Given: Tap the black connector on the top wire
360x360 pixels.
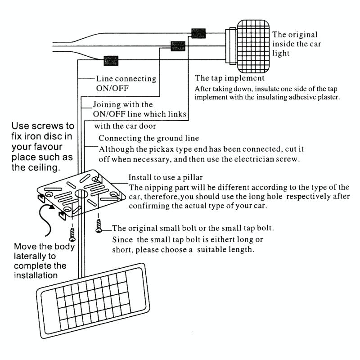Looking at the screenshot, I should (198, 33).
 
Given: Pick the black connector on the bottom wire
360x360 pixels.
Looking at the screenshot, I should (111, 59).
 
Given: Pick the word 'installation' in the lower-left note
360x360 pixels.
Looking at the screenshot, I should (36, 275).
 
